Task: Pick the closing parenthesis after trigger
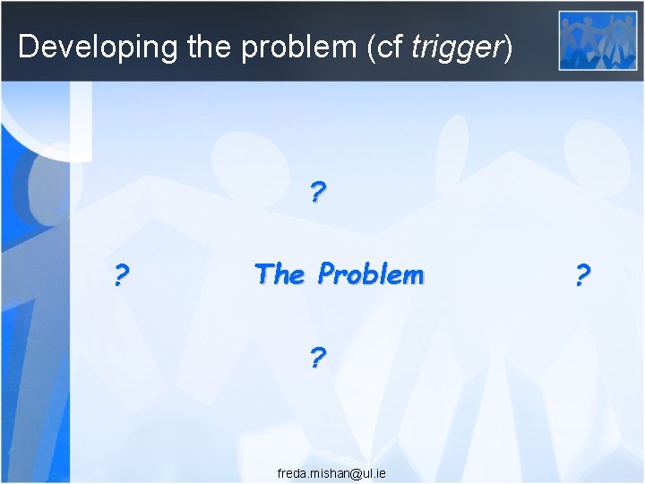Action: coord(509,46)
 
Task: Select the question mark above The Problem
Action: coord(318,192)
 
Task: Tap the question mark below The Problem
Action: coord(318,359)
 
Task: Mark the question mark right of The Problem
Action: coord(582,275)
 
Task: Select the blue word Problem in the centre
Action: coord(371,273)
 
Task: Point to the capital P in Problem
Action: coord(327,273)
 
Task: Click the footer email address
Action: coord(331,472)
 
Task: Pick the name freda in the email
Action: coord(291,472)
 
